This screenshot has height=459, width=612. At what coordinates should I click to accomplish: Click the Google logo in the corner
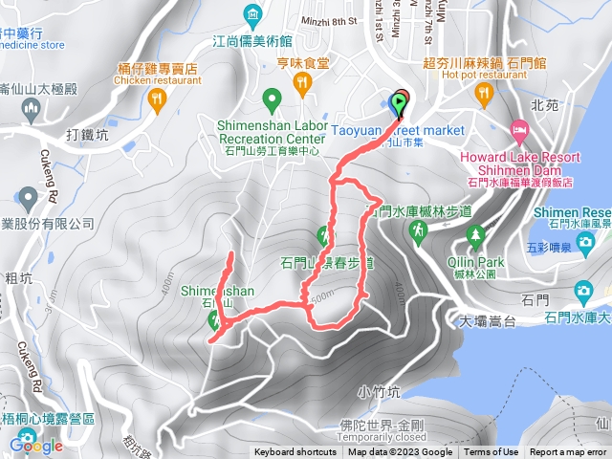point(36,445)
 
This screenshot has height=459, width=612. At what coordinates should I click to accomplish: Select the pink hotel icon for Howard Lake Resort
point(518,128)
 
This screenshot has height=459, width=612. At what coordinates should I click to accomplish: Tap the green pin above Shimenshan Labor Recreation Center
point(272,98)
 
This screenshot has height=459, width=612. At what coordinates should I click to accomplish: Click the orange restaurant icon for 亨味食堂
point(303,84)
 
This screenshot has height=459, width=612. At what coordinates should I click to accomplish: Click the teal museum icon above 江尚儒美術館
point(252,14)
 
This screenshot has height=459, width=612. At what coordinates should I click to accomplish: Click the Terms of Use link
point(491,452)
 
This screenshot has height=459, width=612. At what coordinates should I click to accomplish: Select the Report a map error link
point(570,452)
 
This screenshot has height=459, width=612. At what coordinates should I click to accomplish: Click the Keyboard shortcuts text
point(295,452)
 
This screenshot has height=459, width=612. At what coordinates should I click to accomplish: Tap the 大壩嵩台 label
point(489,321)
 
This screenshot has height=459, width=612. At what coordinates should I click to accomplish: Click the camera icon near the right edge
point(582,291)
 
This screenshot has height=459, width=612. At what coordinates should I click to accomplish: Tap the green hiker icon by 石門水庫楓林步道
point(418,230)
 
